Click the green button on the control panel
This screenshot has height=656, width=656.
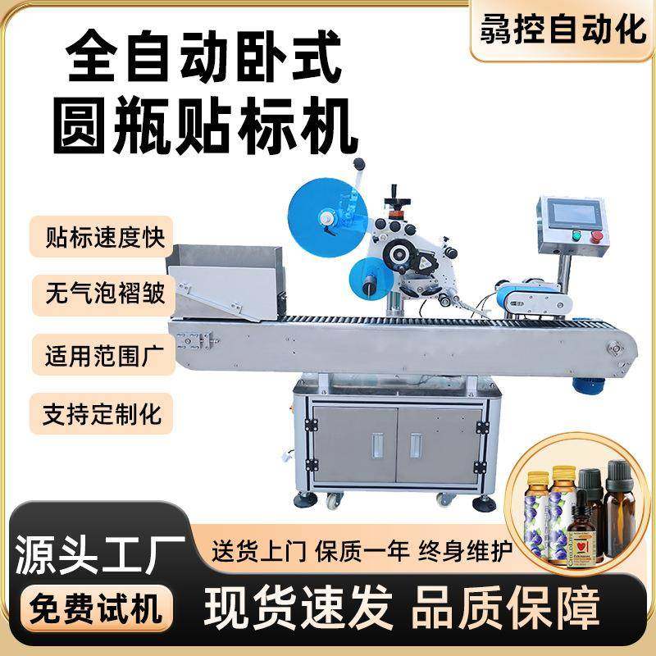click(577, 237)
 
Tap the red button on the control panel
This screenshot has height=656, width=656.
click(596, 237)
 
